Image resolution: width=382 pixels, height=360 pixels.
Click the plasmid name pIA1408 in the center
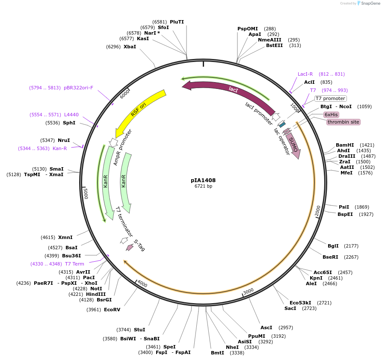coord(203,180)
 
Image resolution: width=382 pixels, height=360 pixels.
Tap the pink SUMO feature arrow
coord(294,146)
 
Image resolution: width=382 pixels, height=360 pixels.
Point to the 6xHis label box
coord(331,115)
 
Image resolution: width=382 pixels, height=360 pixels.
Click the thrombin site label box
coord(343,122)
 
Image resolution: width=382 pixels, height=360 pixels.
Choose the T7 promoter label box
coord(330,98)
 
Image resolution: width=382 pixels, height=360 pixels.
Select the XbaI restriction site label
coord(130,47)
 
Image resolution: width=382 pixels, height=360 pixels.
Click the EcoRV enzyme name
coord(112,310)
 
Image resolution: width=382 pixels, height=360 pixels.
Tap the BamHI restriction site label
coord(345,145)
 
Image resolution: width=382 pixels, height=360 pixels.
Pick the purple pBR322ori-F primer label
coord(78,88)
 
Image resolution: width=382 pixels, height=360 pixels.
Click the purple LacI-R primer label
coord(305,74)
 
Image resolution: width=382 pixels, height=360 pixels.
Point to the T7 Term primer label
coord(74,264)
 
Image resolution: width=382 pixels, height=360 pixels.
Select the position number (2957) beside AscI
coord(285,328)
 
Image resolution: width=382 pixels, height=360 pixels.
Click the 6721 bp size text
coord(203,186)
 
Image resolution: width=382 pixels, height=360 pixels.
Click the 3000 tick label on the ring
coord(248,291)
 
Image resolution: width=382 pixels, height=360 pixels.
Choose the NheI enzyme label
coord(232,347)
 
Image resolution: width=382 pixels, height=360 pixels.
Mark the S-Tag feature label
coord(139,245)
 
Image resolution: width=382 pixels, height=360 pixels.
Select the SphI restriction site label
coord(69,123)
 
